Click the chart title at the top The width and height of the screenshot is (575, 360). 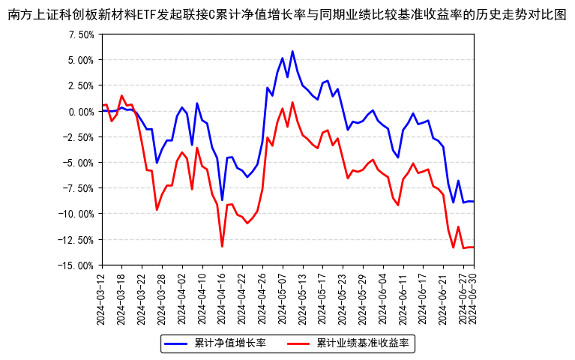pyautogui.click(x=287, y=13)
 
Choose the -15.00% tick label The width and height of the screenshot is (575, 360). pyautogui.click(x=76, y=265)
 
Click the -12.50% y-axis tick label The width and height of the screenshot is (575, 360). pyautogui.click(x=76, y=240)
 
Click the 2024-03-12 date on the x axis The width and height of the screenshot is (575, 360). pyautogui.click(x=102, y=298)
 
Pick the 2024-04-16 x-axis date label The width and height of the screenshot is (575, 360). pyautogui.click(x=222, y=298)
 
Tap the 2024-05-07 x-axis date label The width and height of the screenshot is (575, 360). pyautogui.click(x=283, y=298)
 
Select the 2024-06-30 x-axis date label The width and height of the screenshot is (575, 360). pyautogui.click(x=475, y=298)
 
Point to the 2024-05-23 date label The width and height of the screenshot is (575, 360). pyautogui.click(x=343, y=298)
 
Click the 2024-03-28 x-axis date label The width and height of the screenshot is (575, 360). pyautogui.click(x=162, y=298)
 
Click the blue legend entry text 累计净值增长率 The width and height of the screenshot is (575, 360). pyautogui.click(x=230, y=343)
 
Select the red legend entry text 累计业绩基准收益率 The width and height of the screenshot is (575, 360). pyautogui.click(x=363, y=343)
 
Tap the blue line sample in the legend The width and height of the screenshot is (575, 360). pyautogui.click(x=176, y=343)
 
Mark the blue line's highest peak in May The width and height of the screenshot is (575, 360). pyautogui.click(x=292, y=52)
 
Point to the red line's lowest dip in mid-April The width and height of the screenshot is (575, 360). pyautogui.click(x=222, y=246)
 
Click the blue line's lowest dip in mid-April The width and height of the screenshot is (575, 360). pyautogui.click(x=222, y=200)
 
